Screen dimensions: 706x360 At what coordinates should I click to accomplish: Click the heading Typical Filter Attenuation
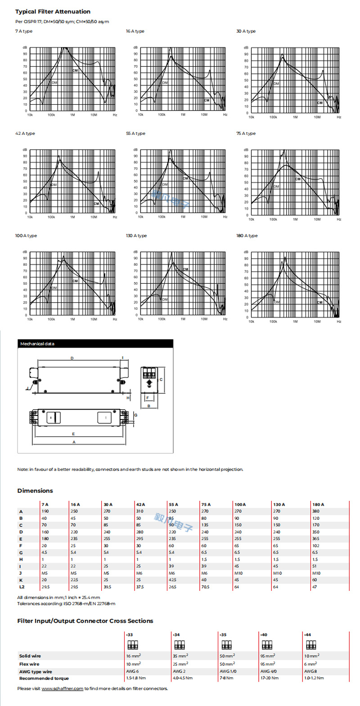click(x=53, y=12)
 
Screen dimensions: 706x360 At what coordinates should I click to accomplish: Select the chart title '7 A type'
click(x=24, y=31)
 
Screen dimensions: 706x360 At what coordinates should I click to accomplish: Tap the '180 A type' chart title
click(x=247, y=236)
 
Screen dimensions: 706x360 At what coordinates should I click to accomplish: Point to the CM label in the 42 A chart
click(x=96, y=204)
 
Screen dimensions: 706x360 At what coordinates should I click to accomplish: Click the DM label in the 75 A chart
click(x=276, y=187)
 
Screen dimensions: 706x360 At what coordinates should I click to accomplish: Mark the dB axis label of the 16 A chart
click(x=135, y=48)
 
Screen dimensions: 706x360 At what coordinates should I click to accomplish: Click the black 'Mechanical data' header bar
click(x=95, y=344)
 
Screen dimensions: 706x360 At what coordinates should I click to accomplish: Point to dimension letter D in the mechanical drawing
click(x=72, y=358)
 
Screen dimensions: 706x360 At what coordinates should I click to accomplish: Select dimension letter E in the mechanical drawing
click(x=73, y=434)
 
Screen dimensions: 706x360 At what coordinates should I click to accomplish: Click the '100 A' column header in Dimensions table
click(x=240, y=505)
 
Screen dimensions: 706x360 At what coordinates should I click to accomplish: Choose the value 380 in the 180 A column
click(x=316, y=511)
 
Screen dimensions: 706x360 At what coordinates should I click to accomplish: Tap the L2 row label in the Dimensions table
click(x=22, y=587)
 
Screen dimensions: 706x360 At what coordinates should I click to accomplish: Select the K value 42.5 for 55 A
click(x=172, y=580)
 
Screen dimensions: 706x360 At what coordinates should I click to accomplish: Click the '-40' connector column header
click(x=264, y=635)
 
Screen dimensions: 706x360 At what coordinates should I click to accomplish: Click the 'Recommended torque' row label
click(x=44, y=678)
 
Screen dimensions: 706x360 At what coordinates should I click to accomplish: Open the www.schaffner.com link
click(x=62, y=689)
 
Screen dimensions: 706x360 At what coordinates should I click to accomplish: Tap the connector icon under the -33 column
click(x=133, y=646)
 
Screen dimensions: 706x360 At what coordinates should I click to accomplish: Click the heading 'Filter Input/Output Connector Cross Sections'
click(x=85, y=621)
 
